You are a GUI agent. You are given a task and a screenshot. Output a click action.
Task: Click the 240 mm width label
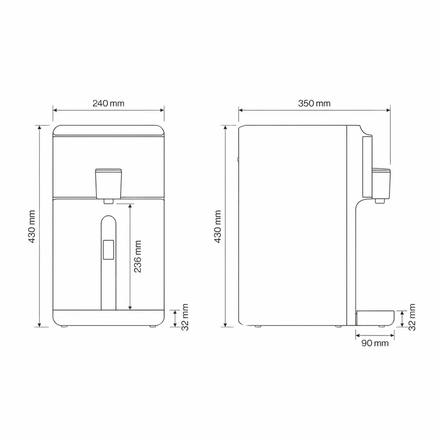pos(108,103)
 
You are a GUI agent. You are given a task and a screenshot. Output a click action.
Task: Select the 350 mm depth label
pos(314,103)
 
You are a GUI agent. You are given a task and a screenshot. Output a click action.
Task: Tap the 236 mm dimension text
pos(137,257)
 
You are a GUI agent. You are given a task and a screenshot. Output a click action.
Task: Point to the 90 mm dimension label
pos(375,343)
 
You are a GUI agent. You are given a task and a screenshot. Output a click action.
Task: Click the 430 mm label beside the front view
pos(32,227)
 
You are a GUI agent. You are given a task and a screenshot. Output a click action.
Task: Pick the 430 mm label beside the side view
pos(218,227)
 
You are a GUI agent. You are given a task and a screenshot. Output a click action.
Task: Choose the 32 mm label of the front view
pos(185,317)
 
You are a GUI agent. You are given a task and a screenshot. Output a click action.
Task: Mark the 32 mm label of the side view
pos(412,317)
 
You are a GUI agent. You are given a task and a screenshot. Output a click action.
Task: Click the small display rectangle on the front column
pos(109,250)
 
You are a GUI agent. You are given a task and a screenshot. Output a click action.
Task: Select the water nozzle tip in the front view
pos(109,201)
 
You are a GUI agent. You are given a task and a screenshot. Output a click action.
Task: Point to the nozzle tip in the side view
pos(379,201)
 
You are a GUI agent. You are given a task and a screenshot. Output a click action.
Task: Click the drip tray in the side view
pos(375,317)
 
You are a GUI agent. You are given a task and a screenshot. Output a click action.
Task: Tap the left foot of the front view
pos(64,327)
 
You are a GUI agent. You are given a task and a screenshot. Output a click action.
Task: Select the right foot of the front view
pos(153,327)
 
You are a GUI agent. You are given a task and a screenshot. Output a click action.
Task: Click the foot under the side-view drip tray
pos(382,327)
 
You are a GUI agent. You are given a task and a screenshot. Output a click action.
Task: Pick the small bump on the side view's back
pos(238,159)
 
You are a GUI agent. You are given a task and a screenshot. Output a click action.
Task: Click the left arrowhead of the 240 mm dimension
pos(55,110)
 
